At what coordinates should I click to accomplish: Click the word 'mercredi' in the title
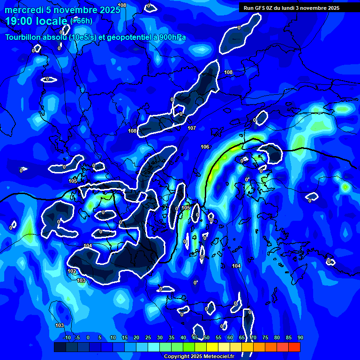pyautogui.click(x=23, y=9)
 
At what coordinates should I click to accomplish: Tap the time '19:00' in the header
pyautogui.click(x=19, y=21)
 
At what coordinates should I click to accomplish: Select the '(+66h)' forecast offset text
pyautogui.click(x=81, y=21)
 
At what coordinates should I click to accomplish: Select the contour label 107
pyautogui.click(x=191, y=128)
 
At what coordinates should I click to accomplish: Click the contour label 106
pyautogui.click(x=205, y=147)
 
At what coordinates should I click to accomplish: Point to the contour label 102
pyautogui.click(x=71, y=271)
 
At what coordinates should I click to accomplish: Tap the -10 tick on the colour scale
pyautogui.click(x=67, y=337)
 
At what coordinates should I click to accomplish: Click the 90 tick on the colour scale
pyautogui.click(x=300, y=337)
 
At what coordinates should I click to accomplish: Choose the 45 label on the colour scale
pyautogui.click(x=195, y=337)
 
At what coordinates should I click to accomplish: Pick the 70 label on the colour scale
pyautogui.click(x=253, y=337)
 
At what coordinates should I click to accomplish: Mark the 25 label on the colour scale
pyautogui.click(x=148, y=337)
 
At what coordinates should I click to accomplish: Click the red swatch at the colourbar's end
pyautogui.click(x=294, y=347)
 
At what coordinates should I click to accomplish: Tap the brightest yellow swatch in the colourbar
pyautogui.click(x=212, y=347)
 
